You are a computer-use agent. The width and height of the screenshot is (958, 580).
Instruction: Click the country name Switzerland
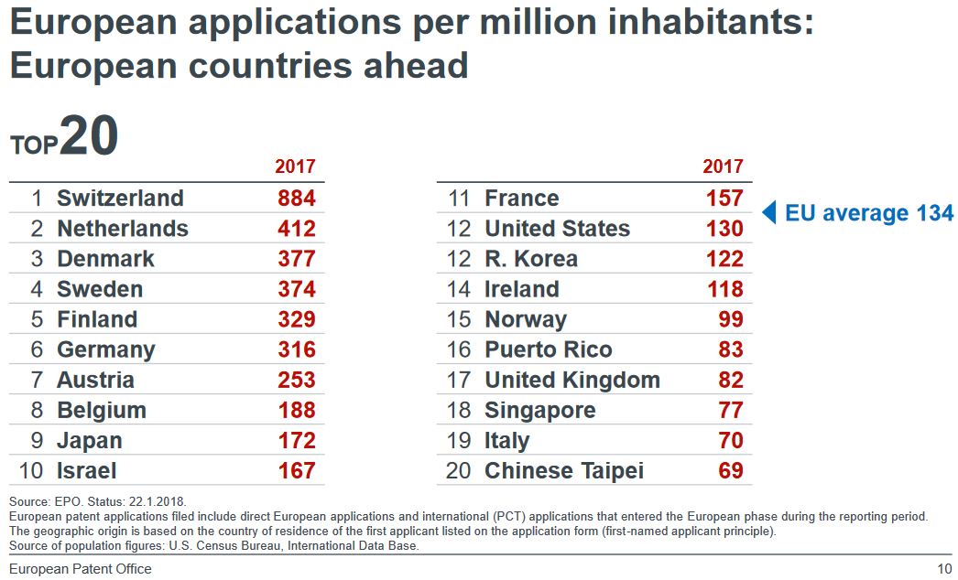(120, 199)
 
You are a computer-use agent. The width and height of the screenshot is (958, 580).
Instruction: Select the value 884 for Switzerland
(296, 199)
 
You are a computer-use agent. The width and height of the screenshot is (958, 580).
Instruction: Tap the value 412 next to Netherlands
(296, 229)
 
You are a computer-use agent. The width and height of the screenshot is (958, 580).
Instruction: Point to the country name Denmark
(105, 259)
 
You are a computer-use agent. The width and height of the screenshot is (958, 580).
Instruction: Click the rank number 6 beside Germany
(37, 349)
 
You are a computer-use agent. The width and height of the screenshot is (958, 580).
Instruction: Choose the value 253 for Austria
(296, 380)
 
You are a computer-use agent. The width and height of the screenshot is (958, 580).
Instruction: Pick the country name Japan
(89, 440)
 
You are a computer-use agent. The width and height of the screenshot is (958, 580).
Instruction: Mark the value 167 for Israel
(296, 470)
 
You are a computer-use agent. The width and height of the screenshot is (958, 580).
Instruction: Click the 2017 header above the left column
(295, 166)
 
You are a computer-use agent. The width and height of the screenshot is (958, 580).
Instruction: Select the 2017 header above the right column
(723, 166)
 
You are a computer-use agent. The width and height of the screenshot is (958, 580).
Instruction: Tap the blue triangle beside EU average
(769, 213)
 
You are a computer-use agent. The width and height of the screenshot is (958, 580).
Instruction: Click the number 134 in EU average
(934, 213)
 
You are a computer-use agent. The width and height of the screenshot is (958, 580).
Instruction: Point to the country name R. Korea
(531, 259)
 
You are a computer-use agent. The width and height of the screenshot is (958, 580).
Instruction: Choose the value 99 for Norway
(730, 319)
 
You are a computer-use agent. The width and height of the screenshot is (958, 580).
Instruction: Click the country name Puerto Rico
(548, 349)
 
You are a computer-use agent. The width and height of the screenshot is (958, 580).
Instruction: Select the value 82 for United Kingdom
(730, 380)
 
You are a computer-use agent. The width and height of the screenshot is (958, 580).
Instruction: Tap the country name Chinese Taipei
(563, 470)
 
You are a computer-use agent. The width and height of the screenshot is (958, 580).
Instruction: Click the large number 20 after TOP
(90, 137)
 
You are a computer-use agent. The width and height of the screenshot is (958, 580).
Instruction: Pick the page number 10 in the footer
(944, 569)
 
